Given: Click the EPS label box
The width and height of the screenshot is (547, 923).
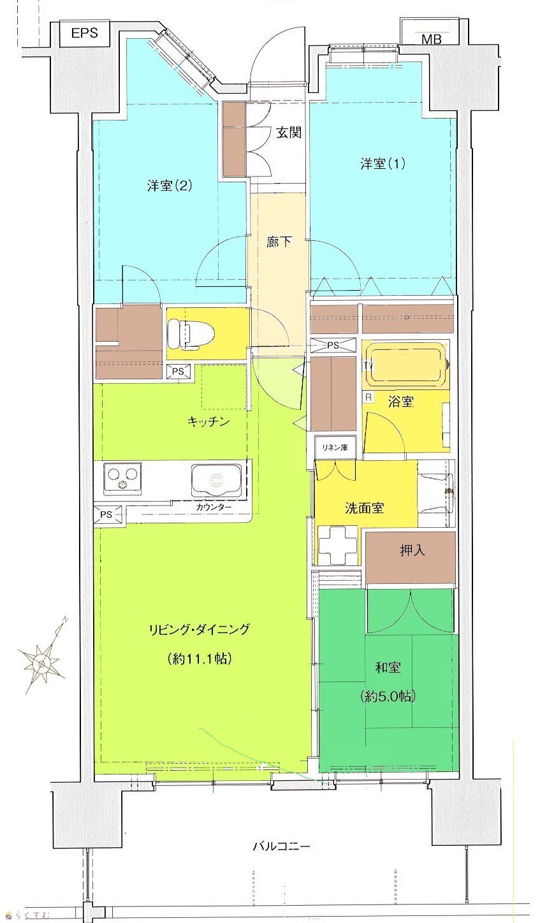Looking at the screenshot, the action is [x=85, y=34].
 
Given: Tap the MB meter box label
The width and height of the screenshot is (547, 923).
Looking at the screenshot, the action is [x=432, y=40].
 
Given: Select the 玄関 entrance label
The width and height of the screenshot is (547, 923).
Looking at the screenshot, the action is [x=289, y=133].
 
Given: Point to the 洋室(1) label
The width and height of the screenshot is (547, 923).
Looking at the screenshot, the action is [x=383, y=164].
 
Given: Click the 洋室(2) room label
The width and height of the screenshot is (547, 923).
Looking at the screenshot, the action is [x=170, y=185].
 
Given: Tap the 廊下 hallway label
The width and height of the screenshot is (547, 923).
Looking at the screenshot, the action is [x=279, y=241].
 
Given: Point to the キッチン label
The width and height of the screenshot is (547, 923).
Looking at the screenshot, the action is [x=208, y=421].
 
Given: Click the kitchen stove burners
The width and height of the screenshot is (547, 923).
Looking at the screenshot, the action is [x=122, y=477].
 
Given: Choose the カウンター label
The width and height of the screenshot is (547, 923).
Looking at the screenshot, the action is [x=214, y=507].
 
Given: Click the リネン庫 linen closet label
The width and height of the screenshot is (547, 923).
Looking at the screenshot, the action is [x=335, y=447].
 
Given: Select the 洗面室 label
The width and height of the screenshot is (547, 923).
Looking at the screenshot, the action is [x=365, y=508].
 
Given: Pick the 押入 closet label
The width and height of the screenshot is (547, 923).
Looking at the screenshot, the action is [x=412, y=550].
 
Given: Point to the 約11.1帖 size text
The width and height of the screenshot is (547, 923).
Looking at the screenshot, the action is [x=200, y=658].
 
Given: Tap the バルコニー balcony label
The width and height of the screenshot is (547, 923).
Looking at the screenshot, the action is [x=281, y=847].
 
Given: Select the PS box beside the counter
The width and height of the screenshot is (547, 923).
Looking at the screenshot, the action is [x=108, y=514].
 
